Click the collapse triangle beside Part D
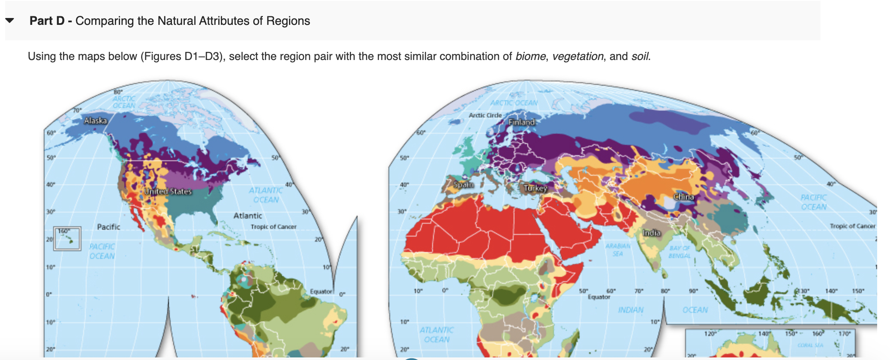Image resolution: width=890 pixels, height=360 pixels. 10,21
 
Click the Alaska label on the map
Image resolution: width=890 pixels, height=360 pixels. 95,120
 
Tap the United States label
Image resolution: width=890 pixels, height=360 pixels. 168,191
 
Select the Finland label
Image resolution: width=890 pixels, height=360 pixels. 522,122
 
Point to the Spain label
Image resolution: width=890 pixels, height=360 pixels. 463,185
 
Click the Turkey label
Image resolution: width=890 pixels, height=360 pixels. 535,188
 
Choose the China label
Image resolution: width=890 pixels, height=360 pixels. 683,197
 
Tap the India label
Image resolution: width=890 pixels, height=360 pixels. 651,233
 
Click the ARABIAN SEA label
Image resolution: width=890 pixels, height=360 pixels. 618,250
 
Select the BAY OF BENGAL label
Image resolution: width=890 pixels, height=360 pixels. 680,252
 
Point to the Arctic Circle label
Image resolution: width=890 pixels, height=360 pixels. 485,115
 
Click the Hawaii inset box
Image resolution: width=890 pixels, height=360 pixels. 67,238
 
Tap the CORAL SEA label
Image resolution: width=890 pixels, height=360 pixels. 810,345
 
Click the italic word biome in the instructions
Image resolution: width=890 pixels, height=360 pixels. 530,56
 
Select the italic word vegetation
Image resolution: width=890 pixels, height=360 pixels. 577,56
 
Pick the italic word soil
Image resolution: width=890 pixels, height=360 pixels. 640,56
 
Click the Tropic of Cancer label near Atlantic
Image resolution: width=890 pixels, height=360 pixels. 274,227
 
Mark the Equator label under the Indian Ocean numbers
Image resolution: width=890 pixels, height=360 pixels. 599,297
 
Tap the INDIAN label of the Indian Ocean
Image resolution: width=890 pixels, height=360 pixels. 631,310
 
